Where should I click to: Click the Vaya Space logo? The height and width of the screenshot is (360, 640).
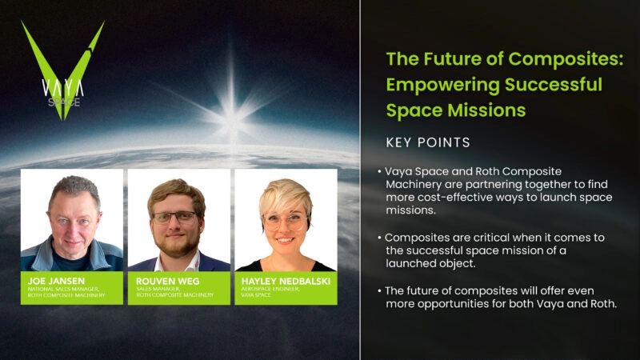(62, 70)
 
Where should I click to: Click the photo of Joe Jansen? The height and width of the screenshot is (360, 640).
(72, 220)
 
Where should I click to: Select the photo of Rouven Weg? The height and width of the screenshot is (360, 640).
(178, 220)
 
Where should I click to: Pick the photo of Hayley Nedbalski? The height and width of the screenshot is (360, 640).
(286, 220)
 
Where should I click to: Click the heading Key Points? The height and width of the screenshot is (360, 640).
(428, 142)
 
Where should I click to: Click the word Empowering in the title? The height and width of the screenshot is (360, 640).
(440, 85)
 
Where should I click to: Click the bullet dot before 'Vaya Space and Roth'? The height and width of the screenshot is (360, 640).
(380, 173)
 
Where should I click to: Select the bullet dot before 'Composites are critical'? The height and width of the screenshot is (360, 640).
(380, 238)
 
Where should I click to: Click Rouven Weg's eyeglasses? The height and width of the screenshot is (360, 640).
(175, 216)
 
